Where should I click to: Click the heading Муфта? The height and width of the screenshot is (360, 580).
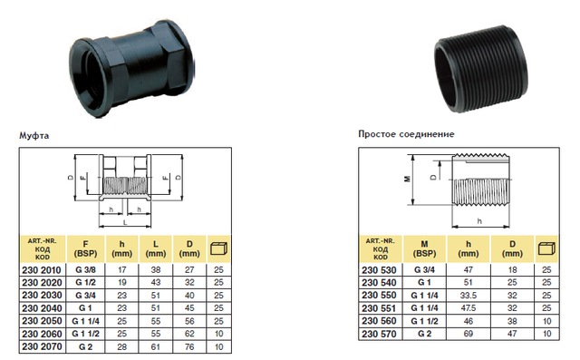pos(34,135)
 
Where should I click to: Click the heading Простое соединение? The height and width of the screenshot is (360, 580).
pos(406,134)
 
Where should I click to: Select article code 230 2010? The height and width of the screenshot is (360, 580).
pos(42,270)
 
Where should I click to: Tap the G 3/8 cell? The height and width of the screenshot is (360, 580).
pos(85,270)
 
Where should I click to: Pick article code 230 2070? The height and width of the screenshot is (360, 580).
pos(42,346)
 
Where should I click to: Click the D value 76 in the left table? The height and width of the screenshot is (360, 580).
pos(189,346)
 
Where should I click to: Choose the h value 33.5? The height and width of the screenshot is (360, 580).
pos(469,296)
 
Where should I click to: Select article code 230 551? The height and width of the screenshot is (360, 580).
pos(379,308)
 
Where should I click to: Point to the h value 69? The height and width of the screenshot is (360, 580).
pos(469,334)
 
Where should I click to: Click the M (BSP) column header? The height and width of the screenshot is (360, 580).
pos(424,248)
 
